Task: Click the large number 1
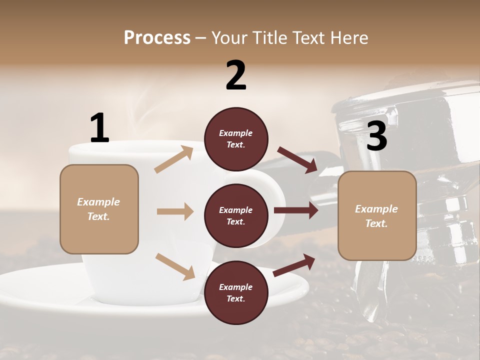click(99, 128)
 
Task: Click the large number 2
click(236, 76)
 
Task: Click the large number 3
click(376, 137)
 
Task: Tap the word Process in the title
click(157, 37)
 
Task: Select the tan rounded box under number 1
click(99, 209)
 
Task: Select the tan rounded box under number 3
click(377, 215)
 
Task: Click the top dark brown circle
click(236, 138)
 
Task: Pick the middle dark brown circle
click(236, 215)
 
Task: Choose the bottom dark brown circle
click(236, 292)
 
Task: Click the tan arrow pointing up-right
click(174, 159)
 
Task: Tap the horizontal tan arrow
click(175, 211)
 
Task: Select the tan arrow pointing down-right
click(175, 266)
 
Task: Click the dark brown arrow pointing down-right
click(297, 159)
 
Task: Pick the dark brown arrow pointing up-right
click(294, 264)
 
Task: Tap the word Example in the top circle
click(236, 133)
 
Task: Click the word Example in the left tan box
click(98, 202)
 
